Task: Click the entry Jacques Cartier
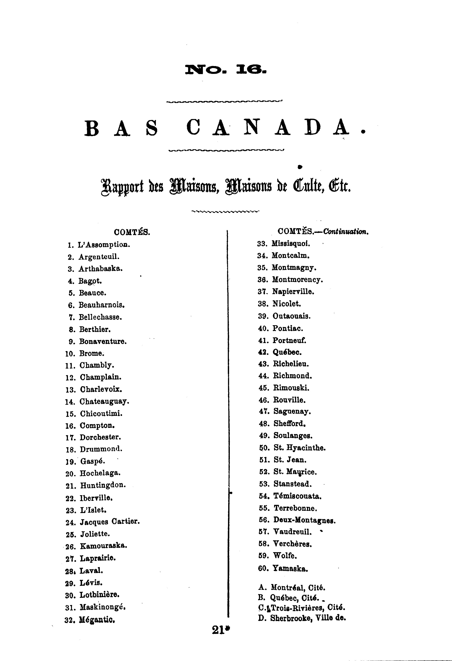[110, 522]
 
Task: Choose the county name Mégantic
[97, 620]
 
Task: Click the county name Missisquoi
[291, 244]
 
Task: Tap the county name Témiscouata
[297, 496]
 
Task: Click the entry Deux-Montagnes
[304, 521]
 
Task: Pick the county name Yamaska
[290, 569]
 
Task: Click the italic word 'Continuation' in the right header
[345, 232]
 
